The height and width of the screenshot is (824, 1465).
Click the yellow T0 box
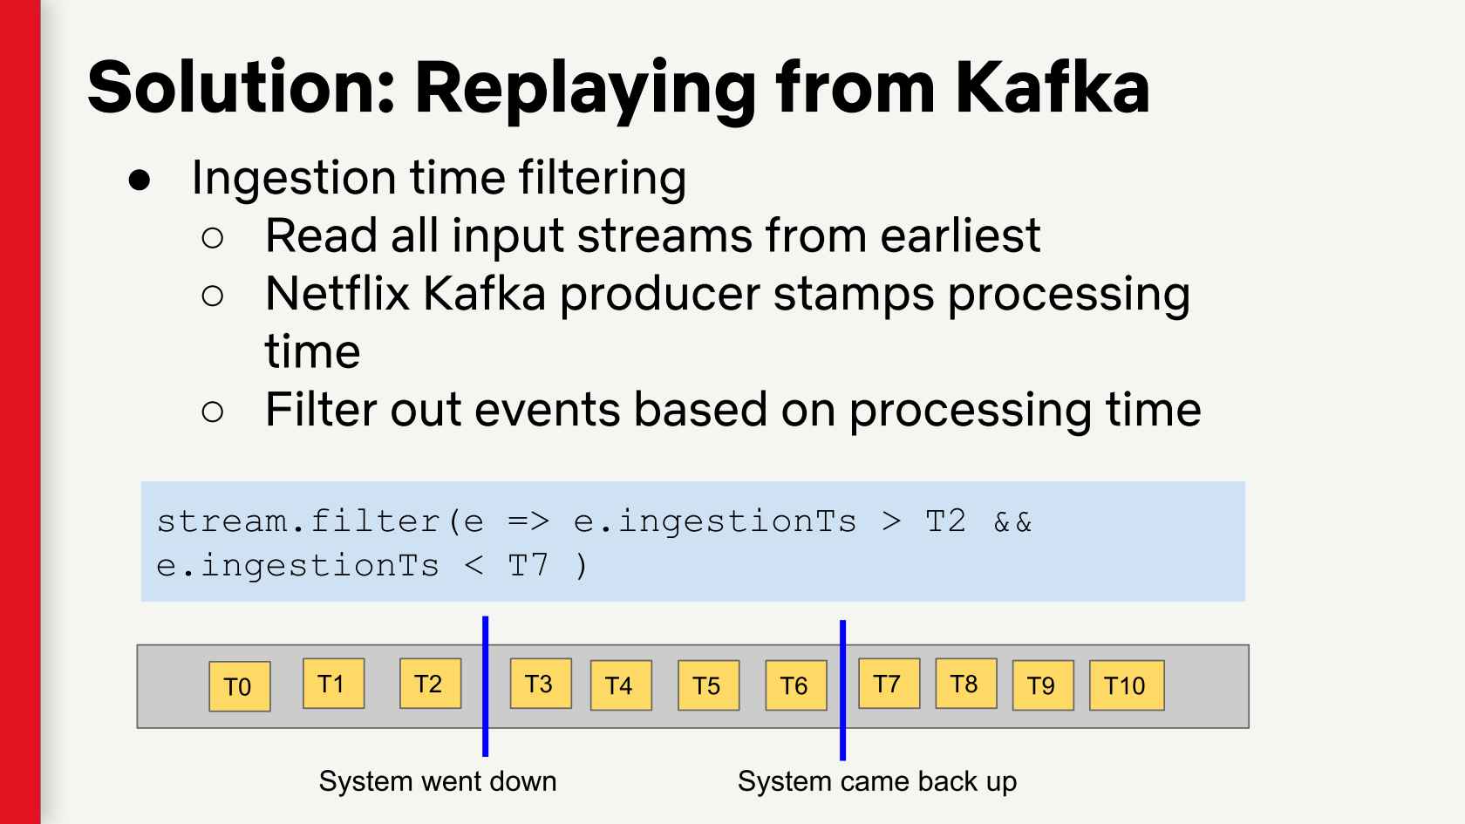coord(239,686)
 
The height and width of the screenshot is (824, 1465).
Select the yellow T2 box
coord(431,684)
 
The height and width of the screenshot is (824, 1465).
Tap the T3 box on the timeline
coord(541,684)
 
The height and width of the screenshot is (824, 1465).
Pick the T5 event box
coord(709,685)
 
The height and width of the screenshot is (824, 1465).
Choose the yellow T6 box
coord(796,685)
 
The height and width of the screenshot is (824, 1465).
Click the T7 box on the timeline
coord(889,684)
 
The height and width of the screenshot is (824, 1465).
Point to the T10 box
coord(1127,685)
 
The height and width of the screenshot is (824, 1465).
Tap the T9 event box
coord(1043,685)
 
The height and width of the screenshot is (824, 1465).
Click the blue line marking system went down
coord(485,686)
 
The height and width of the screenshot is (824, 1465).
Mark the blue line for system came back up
coord(843,690)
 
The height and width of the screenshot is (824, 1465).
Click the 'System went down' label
coord(438,781)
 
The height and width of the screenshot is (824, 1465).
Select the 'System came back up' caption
coord(877,782)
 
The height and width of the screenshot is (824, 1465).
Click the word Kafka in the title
coord(1053,88)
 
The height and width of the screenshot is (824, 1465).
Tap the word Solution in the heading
coord(242,88)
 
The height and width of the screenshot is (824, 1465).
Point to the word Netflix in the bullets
coord(337,294)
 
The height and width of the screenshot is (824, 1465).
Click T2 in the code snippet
coord(945,521)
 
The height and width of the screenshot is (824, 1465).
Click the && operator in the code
coord(1012,521)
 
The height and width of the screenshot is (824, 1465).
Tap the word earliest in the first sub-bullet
coord(960,235)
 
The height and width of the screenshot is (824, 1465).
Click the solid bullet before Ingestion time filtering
coord(140,180)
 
